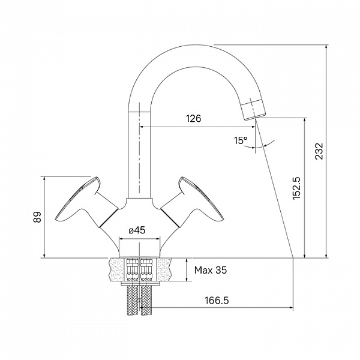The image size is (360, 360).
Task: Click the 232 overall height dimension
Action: pyautogui.click(x=319, y=151)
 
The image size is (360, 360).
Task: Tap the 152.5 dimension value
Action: pyautogui.click(x=297, y=188)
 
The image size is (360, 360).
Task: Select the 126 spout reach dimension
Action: pyautogui.click(x=193, y=118)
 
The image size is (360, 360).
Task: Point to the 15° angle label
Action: pyautogui.click(x=241, y=140)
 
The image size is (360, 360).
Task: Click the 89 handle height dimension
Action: pyautogui.click(x=37, y=217)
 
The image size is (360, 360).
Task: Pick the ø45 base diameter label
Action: pyautogui.click(x=137, y=230)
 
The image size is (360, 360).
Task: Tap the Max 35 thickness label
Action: pyautogui.click(x=211, y=270)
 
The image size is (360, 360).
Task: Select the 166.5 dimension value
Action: pyautogui.click(x=217, y=301)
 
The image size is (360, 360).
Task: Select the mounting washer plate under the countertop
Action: pyautogui.click(x=140, y=284)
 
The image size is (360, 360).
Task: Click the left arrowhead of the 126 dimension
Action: pyautogui.click(x=142, y=127)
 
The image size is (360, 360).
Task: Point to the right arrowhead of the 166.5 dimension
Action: pyautogui.click(x=291, y=308)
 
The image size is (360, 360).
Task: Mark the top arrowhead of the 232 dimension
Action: pyautogui.click(x=326, y=47)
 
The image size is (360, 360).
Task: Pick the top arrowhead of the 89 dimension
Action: pyautogui.click(x=44, y=179)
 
